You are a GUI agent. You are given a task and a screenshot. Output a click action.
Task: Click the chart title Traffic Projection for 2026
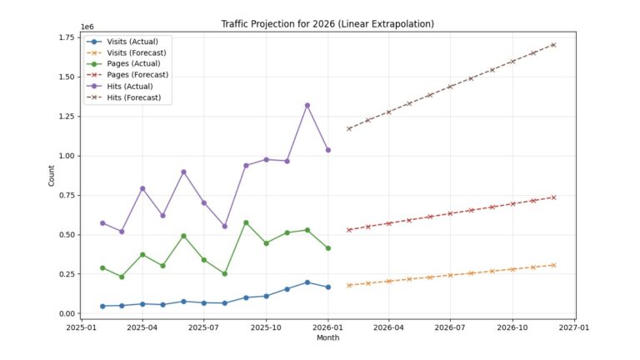click(x=328, y=22)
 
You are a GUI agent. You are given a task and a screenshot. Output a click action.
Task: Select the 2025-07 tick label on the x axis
click(x=204, y=327)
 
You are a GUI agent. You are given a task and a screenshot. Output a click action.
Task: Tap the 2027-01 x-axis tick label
click(x=574, y=327)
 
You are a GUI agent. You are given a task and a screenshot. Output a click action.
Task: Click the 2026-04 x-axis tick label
click(x=388, y=327)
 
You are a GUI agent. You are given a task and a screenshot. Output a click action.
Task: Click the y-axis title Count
click(x=52, y=176)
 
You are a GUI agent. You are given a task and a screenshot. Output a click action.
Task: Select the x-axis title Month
click(x=328, y=338)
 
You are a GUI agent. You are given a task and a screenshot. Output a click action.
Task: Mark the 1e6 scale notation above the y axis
click(x=87, y=27)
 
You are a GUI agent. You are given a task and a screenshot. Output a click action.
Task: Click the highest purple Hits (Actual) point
click(x=307, y=105)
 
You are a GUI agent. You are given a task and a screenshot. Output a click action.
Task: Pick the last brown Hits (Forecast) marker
click(x=553, y=45)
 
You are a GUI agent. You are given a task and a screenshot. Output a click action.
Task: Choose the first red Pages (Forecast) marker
click(x=348, y=230)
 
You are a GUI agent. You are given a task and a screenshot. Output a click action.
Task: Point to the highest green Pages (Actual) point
click(x=246, y=222)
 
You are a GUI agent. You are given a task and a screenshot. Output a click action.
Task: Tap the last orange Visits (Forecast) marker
click(x=553, y=265)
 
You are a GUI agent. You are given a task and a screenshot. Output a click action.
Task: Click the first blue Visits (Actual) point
click(x=102, y=306)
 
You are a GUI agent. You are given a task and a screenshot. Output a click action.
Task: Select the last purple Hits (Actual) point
click(x=327, y=150)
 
